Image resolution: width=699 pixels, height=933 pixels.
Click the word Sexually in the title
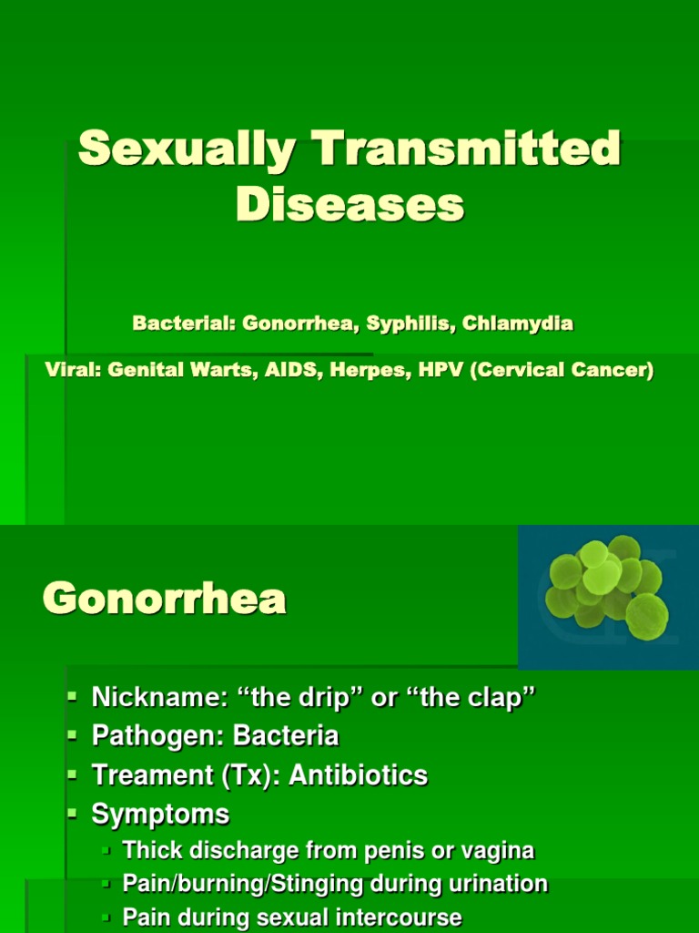[187, 149]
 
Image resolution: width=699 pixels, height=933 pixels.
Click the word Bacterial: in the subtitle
[184, 323]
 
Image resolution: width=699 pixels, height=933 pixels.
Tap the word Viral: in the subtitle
[74, 372]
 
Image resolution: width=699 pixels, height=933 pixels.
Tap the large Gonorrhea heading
[165, 600]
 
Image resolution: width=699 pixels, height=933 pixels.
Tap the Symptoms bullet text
[160, 814]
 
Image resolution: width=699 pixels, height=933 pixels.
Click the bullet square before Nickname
[74, 697]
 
